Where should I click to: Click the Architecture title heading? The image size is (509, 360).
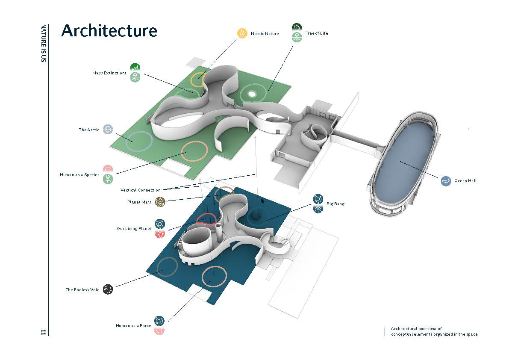(109, 31)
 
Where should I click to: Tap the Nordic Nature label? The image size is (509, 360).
(265, 33)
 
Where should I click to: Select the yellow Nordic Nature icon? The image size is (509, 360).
(242, 33)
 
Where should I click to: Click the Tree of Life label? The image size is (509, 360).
(317, 33)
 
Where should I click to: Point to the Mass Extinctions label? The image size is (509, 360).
(109, 73)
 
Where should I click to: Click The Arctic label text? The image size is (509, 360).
(89, 130)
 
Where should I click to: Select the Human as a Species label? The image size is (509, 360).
(79, 175)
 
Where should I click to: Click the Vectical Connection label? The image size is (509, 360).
(141, 190)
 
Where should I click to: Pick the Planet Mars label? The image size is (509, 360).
(140, 202)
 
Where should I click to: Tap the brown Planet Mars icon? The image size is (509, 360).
(160, 201)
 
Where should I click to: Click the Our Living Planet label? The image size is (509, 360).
(134, 229)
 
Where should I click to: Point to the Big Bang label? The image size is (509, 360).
(335, 204)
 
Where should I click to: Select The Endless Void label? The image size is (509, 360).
(82, 290)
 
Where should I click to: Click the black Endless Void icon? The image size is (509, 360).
(108, 289)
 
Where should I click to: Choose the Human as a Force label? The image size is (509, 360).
(133, 326)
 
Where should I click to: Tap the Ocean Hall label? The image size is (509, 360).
(465, 181)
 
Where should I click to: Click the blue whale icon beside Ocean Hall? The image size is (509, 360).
(446, 181)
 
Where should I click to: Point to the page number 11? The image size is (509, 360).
(43, 332)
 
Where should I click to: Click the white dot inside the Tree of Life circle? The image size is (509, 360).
(252, 94)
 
